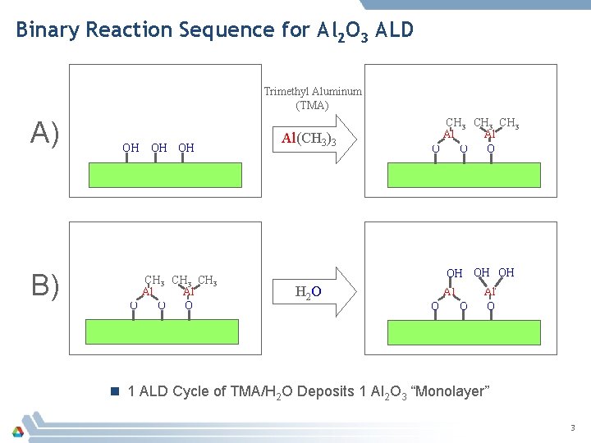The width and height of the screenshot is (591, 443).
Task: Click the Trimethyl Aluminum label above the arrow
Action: coord(313,92)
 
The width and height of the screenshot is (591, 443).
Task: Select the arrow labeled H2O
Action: coord(316,290)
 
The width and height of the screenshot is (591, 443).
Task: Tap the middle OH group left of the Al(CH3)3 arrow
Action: coord(159,148)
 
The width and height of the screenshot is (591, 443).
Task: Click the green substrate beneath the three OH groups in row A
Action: coord(165,176)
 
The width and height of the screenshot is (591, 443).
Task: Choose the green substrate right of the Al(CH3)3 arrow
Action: coord(465,176)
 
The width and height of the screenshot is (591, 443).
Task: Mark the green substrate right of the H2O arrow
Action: coord(465,330)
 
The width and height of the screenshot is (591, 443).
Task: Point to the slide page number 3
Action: coord(573,427)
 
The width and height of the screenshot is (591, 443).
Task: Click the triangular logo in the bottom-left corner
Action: coord(17,430)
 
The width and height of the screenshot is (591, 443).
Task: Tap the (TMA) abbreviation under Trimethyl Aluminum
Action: coord(312,105)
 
